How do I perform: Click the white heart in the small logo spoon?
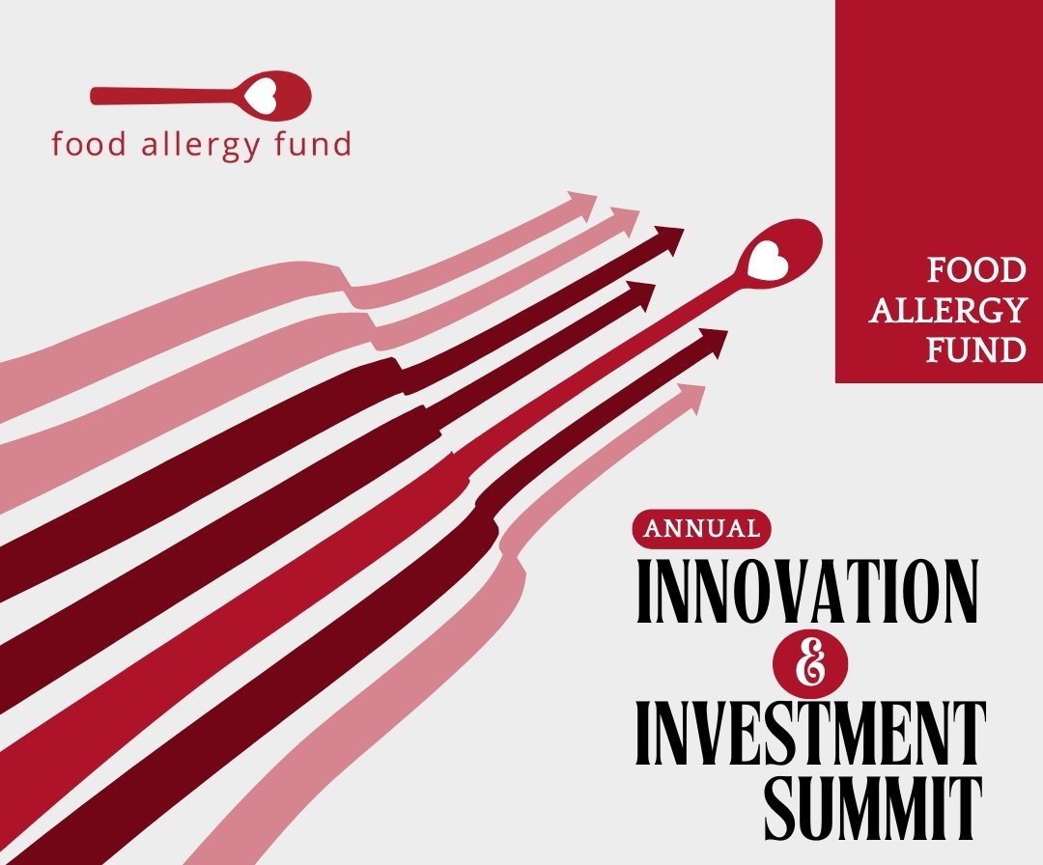coord(261,95)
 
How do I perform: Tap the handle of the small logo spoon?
coord(166,95)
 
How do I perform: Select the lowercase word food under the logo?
coord(89,144)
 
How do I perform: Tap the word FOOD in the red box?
coord(976,270)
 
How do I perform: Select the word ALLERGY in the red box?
coord(947,310)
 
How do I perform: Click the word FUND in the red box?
coord(975,349)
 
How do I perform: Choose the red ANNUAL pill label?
coord(702,529)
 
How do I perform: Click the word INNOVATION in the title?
coord(807,592)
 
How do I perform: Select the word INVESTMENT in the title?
coord(809,733)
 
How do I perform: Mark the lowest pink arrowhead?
coord(690,398)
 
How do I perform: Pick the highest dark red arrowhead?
coord(668,238)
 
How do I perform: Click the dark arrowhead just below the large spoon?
coord(712,342)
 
